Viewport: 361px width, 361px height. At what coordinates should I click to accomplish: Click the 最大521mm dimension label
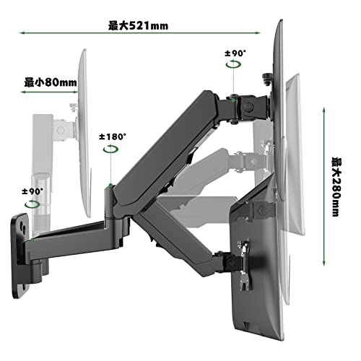pyautogui.click(x=138, y=26)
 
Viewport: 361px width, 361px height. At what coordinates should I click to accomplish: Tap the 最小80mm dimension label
pyautogui.click(x=51, y=82)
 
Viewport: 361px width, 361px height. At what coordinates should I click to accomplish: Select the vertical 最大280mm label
pyautogui.click(x=336, y=187)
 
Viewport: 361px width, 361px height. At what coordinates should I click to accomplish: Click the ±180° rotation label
pyautogui.click(x=113, y=137)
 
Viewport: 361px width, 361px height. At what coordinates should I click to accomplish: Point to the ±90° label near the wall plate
pyautogui.click(x=32, y=191)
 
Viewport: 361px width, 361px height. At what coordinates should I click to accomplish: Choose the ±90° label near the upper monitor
pyautogui.click(x=235, y=53)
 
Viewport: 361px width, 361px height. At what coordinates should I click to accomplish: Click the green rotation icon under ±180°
pyautogui.click(x=110, y=149)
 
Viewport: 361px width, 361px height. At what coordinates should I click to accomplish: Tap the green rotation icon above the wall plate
pyautogui.click(x=32, y=204)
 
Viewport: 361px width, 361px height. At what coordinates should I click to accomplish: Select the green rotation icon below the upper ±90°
pyautogui.click(x=233, y=64)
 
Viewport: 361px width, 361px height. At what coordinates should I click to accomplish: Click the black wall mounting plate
pyautogui.click(x=20, y=255)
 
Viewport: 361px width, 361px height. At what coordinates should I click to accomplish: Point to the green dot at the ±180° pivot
pyautogui.click(x=110, y=186)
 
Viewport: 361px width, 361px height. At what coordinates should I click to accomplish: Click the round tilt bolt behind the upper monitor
pyautogui.click(x=248, y=107)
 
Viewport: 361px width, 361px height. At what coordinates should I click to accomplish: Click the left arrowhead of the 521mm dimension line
pyautogui.click(x=22, y=32)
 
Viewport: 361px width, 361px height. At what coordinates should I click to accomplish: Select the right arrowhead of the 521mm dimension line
pyautogui.click(x=258, y=32)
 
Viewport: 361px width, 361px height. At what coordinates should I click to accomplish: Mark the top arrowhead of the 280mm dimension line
pyautogui.click(x=324, y=110)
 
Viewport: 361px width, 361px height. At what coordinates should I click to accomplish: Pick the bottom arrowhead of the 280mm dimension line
pyautogui.click(x=324, y=264)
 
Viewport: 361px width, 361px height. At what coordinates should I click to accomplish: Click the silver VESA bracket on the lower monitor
pyautogui.click(x=244, y=265)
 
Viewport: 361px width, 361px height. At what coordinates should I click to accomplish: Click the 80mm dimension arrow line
pyautogui.click(x=50, y=92)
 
